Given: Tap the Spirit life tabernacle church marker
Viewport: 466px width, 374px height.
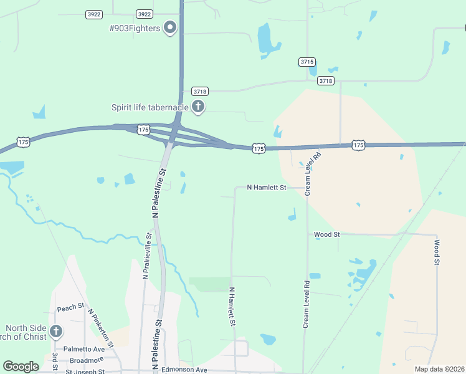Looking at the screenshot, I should coord(198,107).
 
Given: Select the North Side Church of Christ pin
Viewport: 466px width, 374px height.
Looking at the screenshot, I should coord(56,331).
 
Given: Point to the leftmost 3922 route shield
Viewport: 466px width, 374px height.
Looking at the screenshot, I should coord(94,14).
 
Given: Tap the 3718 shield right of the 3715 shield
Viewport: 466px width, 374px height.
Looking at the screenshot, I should coord(325,80).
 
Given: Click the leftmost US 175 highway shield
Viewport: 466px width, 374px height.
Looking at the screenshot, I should coord(24,142).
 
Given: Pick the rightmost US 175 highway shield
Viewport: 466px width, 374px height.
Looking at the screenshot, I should coord(358,145).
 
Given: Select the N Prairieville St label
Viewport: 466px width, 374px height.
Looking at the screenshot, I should coord(147,256).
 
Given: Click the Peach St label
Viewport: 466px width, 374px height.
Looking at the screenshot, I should coord(70,308).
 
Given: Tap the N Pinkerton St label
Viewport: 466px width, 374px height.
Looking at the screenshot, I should coord(100,327).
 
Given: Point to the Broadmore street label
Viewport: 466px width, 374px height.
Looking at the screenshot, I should coord(86,360).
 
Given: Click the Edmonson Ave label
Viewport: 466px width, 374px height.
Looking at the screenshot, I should coord(184,370).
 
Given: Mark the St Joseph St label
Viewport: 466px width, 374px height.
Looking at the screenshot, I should coord(85,372).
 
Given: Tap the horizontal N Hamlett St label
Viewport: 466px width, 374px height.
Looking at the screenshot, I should coord(266,187).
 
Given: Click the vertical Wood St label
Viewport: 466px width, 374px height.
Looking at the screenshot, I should coord(437,252).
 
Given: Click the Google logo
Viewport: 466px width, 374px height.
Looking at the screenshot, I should coord(21,366).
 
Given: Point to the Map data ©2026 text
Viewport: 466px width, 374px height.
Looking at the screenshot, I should coord(439,369).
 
